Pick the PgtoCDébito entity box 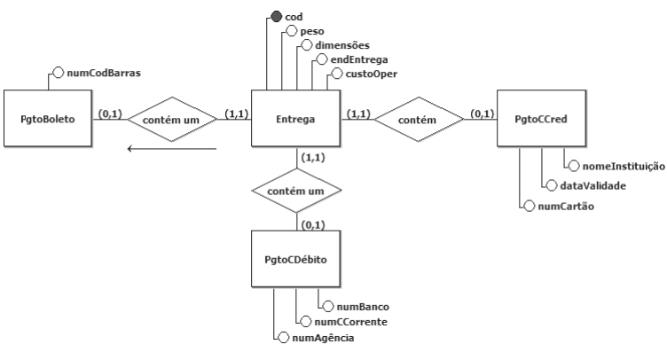point(295,260)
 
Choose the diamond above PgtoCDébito point(296,191)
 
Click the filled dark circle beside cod point(277,16)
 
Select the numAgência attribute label point(326,337)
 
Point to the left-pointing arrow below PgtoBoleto point(172,148)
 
